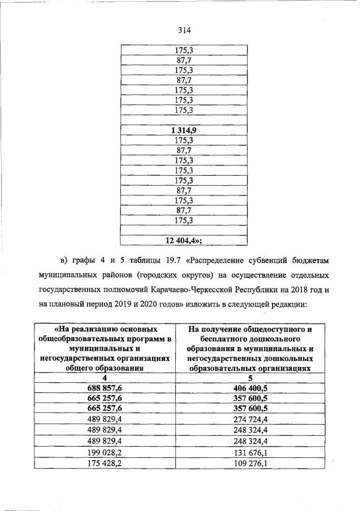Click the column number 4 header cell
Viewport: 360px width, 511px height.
click(104, 378)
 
